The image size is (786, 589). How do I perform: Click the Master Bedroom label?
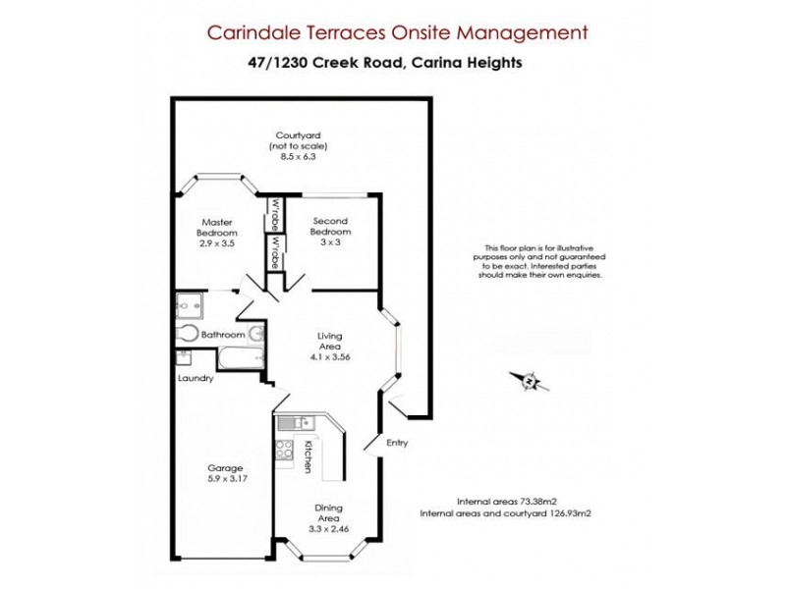[216, 228]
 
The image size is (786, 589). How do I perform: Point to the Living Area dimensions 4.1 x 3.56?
[328, 356]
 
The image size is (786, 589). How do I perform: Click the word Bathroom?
[223, 335]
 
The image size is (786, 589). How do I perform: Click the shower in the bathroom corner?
[187, 304]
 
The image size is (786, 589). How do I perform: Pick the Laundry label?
[196, 379]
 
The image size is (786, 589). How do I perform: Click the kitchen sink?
[293, 423]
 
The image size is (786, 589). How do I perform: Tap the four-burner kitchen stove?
[286, 451]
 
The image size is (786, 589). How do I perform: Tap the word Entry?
[397, 443]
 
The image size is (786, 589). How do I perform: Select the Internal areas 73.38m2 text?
[508, 500]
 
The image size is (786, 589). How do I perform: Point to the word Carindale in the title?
[250, 32]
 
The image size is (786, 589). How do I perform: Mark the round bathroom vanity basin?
[254, 336]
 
